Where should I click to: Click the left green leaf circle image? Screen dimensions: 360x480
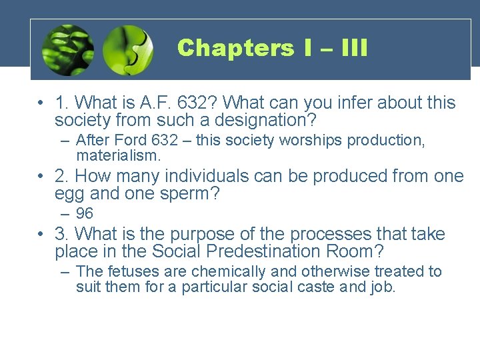67,50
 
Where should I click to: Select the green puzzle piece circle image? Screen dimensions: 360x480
129,50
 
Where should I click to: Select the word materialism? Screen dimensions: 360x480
119,156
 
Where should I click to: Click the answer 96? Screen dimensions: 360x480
85,214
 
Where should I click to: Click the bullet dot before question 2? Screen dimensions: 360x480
41,177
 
